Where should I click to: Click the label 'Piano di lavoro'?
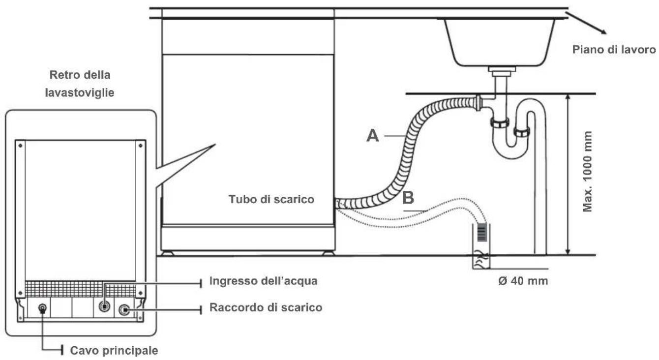click(614, 50)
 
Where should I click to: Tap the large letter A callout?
click(372, 136)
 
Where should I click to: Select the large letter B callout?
click(408, 198)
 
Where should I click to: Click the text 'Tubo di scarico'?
click(271, 199)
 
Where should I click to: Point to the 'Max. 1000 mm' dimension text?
click(587, 172)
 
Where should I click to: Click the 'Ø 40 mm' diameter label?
click(523, 281)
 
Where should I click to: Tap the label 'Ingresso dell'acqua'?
click(263, 281)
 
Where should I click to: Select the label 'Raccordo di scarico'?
click(266, 308)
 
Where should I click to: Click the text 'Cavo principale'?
click(114, 351)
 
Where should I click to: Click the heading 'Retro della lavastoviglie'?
click(80, 84)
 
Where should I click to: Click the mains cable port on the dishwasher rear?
click(42, 308)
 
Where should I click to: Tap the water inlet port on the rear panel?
click(104, 306)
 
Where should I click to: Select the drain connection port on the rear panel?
click(124, 310)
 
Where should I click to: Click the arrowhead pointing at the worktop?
click(603, 31)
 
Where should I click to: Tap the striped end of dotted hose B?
click(481, 232)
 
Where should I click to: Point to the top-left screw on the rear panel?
click(20, 145)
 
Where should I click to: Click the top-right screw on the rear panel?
click(140, 145)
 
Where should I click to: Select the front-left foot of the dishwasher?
click(167, 253)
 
